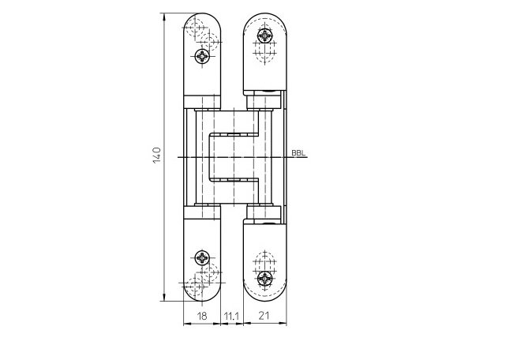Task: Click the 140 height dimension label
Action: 157,155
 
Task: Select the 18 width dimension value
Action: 202,316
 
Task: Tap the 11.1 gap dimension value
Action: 231,317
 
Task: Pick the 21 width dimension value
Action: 264,316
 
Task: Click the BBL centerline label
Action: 298,153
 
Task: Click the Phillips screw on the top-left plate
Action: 202,56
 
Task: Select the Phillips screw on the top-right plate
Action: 264,36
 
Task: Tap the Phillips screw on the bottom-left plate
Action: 202,257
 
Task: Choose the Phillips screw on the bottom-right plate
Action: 264,279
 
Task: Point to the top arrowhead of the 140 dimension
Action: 164,17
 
